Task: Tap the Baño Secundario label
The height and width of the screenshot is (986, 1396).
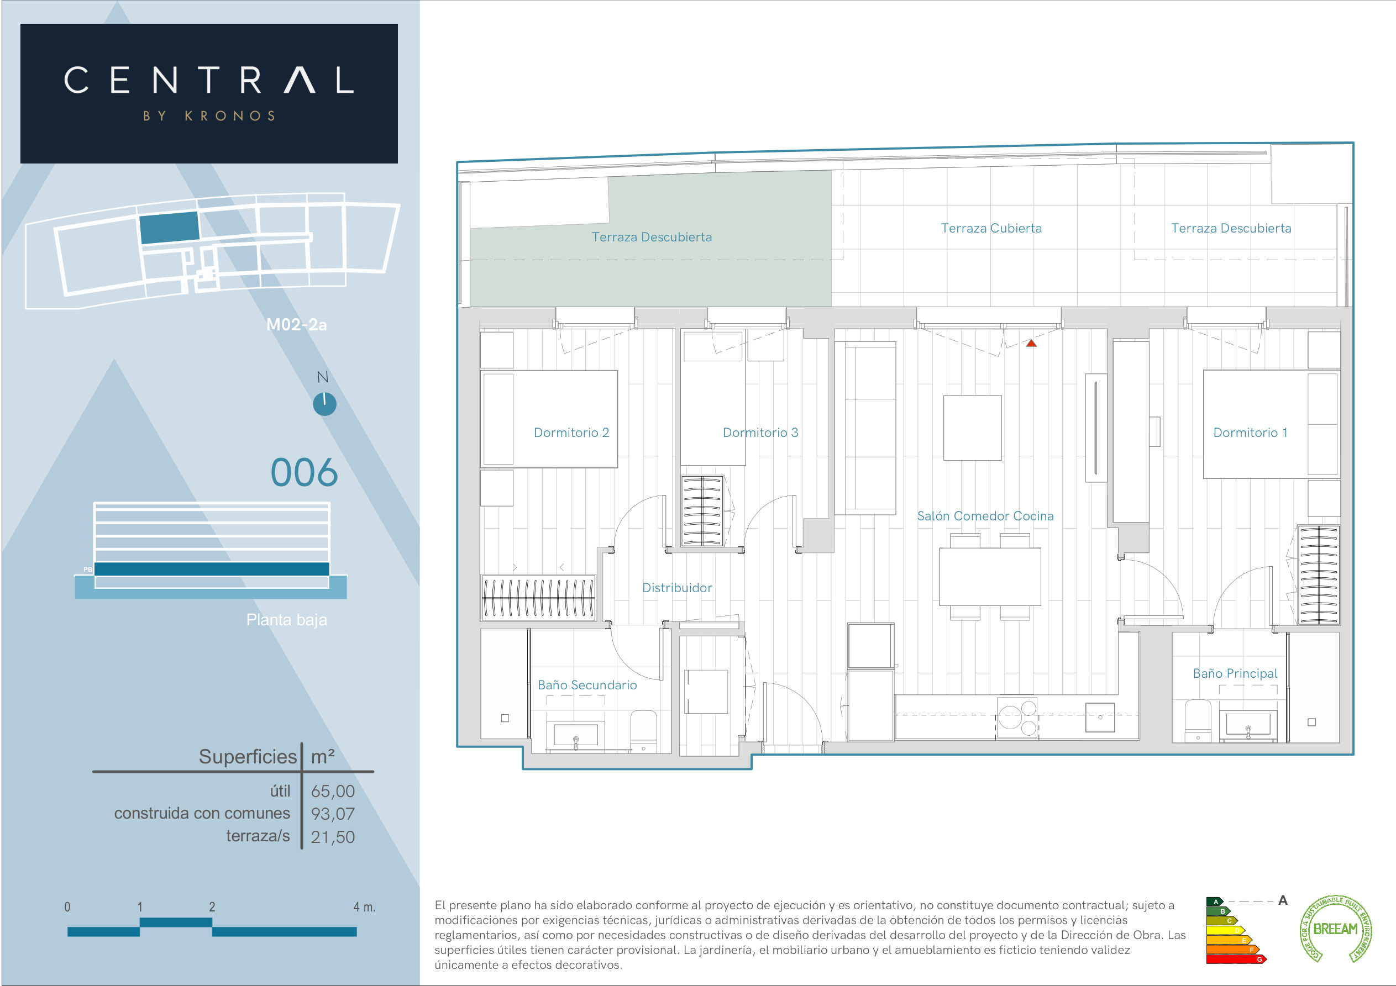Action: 587,684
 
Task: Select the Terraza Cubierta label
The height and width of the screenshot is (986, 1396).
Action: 991,228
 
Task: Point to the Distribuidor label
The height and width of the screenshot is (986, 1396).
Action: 676,587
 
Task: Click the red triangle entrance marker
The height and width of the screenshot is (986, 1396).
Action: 1031,344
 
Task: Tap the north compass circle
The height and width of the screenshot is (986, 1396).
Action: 324,404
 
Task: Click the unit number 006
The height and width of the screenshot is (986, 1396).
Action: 304,472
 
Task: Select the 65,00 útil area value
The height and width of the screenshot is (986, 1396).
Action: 333,791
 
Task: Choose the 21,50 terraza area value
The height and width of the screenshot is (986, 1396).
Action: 333,836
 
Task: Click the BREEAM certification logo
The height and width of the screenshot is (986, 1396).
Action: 1335,928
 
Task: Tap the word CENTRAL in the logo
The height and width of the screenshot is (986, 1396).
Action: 209,80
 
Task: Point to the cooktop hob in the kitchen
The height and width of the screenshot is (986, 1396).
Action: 1016,718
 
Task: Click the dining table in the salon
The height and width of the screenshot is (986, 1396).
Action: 990,576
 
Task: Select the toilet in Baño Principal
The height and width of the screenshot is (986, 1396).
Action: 1198,721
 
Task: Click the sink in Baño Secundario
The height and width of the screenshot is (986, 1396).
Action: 575,736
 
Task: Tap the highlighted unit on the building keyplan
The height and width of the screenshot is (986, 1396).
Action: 169,228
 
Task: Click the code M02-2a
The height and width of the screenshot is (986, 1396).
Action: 296,325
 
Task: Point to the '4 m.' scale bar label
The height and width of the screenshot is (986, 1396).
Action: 364,907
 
